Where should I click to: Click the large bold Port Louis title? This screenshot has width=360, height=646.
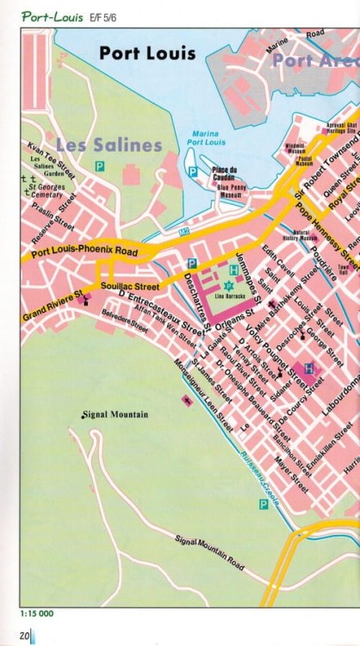tap(147, 53)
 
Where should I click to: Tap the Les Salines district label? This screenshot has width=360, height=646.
tap(109, 145)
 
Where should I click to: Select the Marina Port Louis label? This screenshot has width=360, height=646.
tap(204, 138)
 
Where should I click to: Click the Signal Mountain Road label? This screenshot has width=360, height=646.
tap(209, 553)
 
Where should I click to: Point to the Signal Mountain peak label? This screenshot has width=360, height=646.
tap(115, 414)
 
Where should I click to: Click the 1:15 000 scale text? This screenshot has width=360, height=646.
tap(37, 614)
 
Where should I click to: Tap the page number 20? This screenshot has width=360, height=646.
tap(25, 636)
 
